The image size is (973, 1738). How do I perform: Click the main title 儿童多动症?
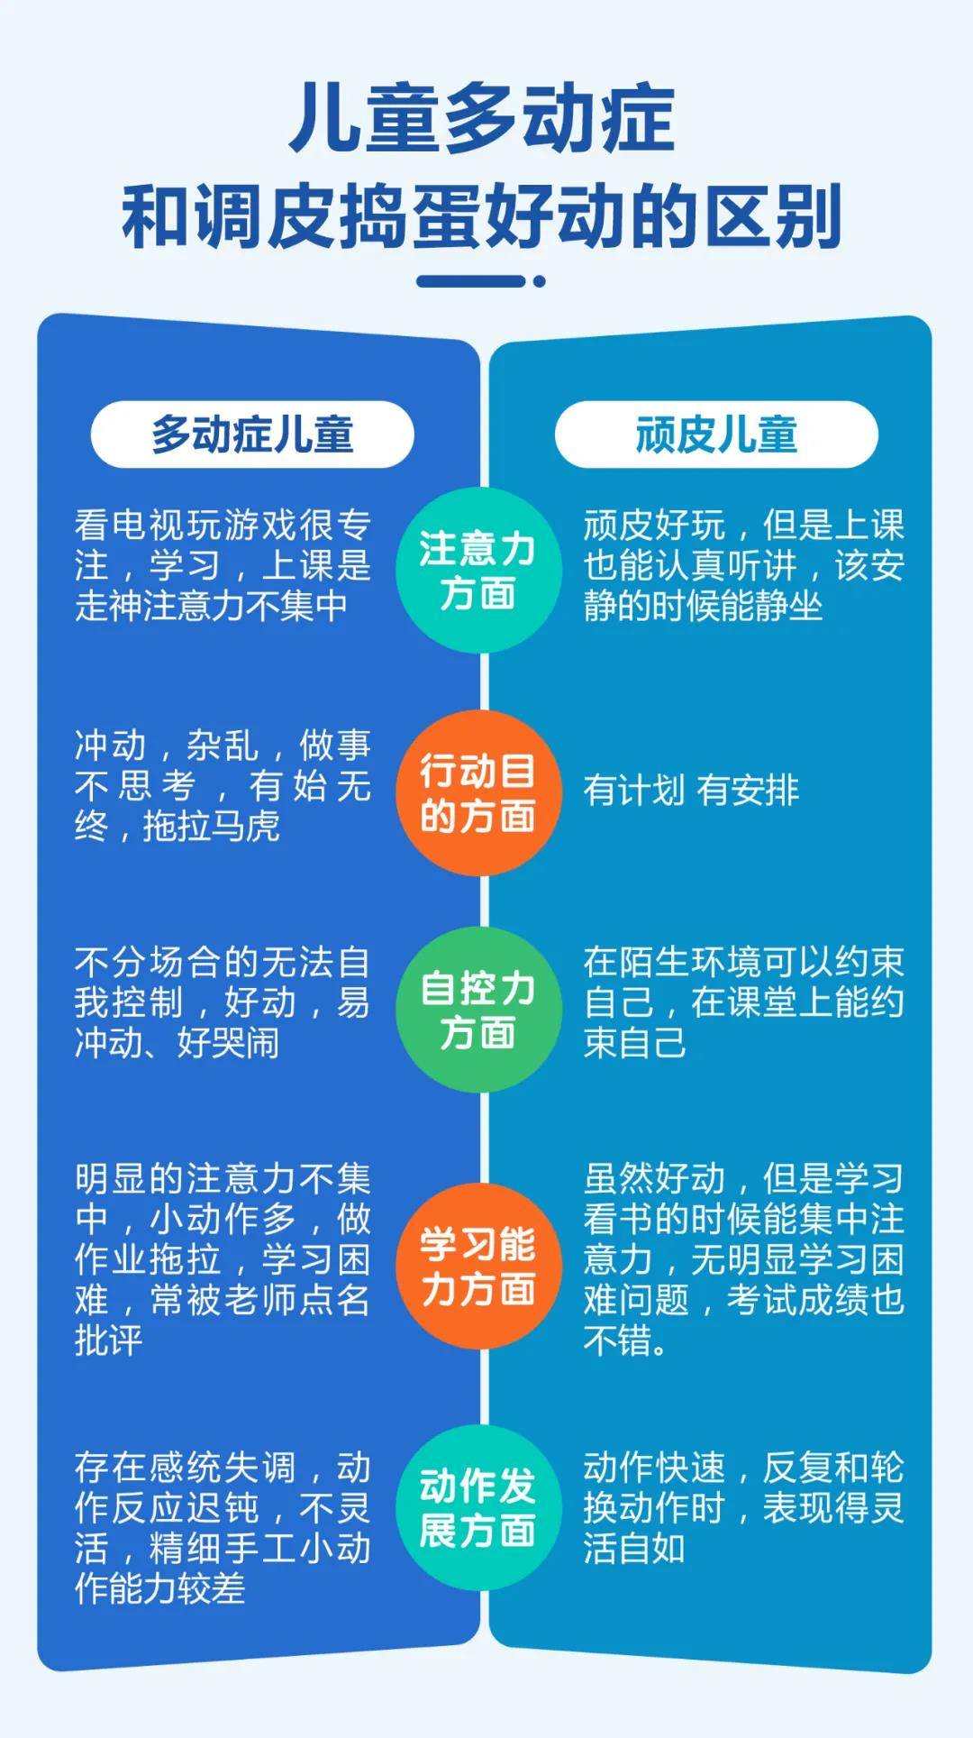[x=482, y=118]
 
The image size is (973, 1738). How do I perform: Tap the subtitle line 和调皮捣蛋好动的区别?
[x=482, y=216]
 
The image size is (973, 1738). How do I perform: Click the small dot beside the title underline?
[x=540, y=281]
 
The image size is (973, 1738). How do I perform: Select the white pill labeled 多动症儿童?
[x=252, y=434]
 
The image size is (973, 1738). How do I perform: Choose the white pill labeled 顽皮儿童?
[x=716, y=434]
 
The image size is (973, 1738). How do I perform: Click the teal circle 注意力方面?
[x=478, y=571]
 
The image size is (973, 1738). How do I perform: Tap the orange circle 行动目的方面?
[x=478, y=793]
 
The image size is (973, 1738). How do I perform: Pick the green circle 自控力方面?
[x=478, y=1010]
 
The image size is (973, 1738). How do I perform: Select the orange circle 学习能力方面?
[x=478, y=1267]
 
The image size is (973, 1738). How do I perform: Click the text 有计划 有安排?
[x=691, y=791]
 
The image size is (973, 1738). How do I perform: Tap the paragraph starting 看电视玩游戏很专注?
[x=223, y=565]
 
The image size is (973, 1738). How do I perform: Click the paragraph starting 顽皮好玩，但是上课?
[x=743, y=565]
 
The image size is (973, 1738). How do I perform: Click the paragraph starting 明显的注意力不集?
[x=223, y=1259]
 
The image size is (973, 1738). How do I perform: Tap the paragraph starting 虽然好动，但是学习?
[x=743, y=1259]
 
